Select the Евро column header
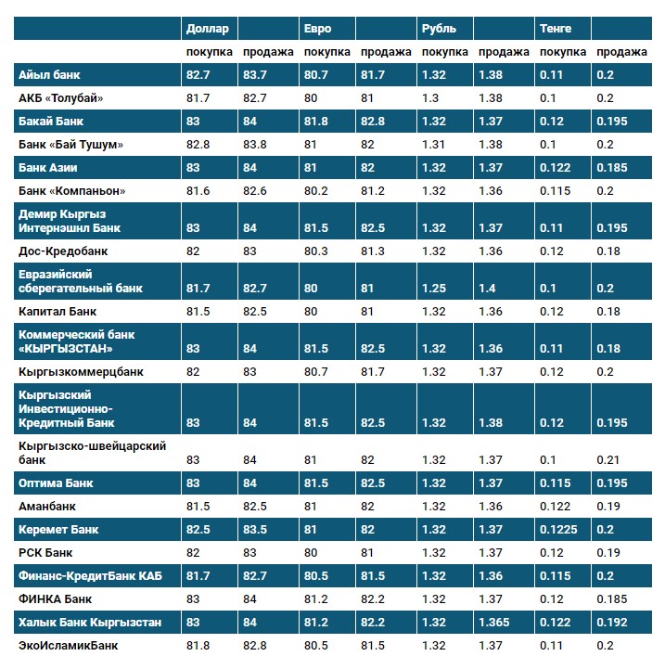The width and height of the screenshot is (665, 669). point(318,29)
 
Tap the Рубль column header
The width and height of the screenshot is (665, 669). point(440,29)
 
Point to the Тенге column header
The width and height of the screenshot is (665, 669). point(555,29)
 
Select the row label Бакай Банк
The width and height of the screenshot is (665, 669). point(54,122)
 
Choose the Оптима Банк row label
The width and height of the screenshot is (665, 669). point(57,483)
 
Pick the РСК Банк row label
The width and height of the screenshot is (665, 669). point(45,553)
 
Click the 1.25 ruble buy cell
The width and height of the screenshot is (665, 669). point(434,289)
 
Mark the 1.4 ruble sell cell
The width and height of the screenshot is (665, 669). point(486,289)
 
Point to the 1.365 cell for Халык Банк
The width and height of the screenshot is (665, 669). point(493,622)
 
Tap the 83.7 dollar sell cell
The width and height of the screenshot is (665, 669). point(255,74)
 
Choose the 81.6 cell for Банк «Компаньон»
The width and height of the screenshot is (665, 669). point(198,190)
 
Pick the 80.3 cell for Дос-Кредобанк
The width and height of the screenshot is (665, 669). point(317,251)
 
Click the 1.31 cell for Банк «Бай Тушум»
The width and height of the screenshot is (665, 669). point(434,145)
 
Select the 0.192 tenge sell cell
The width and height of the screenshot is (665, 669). point(610,622)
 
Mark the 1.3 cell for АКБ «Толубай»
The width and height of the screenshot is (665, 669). point(430,97)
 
